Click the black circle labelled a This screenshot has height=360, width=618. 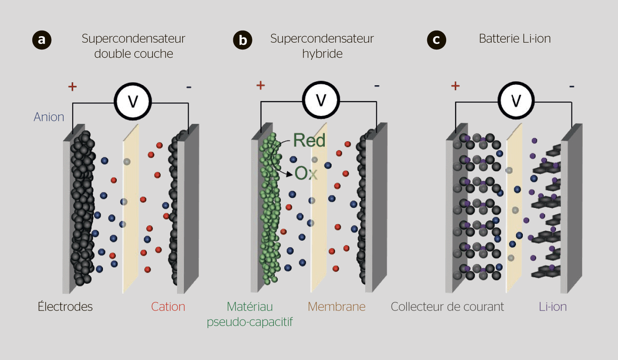[x=42, y=40]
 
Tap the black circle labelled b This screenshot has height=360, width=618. [x=243, y=40]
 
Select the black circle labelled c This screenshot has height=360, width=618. [x=436, y=40]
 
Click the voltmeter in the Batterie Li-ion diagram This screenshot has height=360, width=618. [x=516, y=100]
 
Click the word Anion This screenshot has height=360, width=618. [x=49, y=117]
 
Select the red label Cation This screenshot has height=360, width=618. [x=168, y=307]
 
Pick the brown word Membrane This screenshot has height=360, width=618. [x=336, y=307]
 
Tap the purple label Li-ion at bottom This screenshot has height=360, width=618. [x=553, y=307]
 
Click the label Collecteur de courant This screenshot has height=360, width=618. [x=447, y=307]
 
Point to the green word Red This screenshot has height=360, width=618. [x=309, y=140]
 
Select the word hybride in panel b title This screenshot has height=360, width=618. [x=322, y=54]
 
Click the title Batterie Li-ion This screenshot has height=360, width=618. [x=515, y=39]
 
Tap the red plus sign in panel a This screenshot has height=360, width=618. [x=72, y=87]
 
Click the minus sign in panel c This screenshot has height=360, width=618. [x=571, y=86]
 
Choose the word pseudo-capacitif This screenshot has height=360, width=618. [x=250, y=322]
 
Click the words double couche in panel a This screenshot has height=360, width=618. [x=134, y=54]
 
